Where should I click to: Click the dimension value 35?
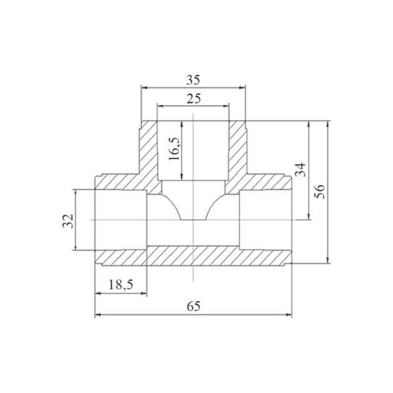coord(193,80)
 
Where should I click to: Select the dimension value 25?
coord(193,99)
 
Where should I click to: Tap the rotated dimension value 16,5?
coord(174,149)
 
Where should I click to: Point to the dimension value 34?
coord(301,170)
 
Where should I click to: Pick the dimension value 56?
coord(319,192)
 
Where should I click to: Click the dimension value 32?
coord(68,221)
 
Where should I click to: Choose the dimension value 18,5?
coord(120,284)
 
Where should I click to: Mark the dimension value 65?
coord(193,306)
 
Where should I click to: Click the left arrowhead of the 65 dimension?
coord(98,314)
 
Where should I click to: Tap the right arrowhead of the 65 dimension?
coord(289,314)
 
